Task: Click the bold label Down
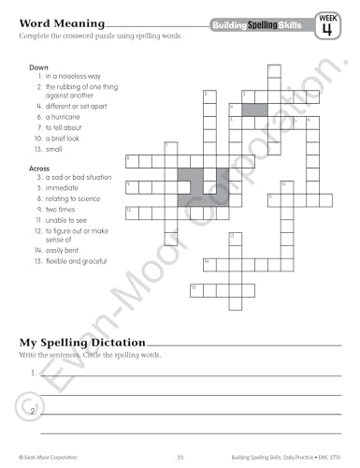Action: (38, 67)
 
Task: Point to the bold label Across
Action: (40, 167)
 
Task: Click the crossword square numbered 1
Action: (271, 71)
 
